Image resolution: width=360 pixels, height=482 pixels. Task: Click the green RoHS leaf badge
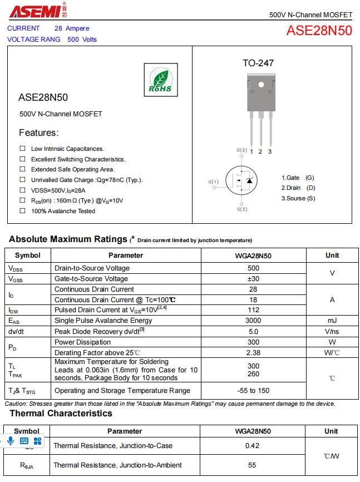click(160, 80)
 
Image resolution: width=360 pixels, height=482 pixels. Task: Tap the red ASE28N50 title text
click(319, 31)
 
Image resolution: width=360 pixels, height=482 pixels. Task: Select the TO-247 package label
click(258, 63)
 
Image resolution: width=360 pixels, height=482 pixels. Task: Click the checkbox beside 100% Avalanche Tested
click(23, 211)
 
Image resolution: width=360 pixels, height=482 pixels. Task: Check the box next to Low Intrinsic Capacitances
click(23, 149)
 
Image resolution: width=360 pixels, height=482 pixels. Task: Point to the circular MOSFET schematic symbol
click(243, 180)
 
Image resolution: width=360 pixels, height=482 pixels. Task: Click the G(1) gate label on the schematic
click(214, 182)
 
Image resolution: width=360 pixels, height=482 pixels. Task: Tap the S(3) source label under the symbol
click(242, 209)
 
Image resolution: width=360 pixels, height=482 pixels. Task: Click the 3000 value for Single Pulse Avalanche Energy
click(253, 321)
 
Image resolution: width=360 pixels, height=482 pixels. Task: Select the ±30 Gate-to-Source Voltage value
click(253, 279)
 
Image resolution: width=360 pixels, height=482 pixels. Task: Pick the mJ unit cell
click(332, 321)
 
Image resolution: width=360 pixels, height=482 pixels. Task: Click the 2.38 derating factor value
click(253, 352)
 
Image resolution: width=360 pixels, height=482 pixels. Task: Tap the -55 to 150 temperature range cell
click(253, 391)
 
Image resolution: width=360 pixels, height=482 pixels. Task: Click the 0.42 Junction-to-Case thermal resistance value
click(253, 446)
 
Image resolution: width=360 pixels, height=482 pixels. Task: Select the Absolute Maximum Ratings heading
click(68, 239)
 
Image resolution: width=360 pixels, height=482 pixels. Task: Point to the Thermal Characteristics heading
click(61, 414)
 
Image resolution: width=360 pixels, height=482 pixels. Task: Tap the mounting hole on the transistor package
click(260, 85)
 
